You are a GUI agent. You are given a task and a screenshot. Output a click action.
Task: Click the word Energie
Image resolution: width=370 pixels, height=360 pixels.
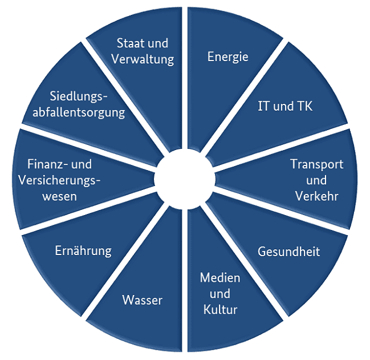tap(228, 57)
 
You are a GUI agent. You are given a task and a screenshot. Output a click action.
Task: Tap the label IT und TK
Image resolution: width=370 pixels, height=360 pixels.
tap(285, 106)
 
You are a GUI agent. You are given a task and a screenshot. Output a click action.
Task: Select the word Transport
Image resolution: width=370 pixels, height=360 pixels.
tap(316, 164)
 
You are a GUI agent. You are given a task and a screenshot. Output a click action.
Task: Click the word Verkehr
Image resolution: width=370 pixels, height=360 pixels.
tap(316, 196)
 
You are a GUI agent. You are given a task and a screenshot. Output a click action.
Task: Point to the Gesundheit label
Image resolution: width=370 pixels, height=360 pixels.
tap(288, 252)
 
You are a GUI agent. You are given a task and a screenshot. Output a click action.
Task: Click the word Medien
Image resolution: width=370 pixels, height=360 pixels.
tap(220, 278)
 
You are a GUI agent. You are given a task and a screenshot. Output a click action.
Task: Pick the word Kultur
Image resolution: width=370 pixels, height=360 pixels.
tap(220, 309)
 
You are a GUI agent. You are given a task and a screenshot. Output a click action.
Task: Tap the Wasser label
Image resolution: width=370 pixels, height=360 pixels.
tap(143, 300)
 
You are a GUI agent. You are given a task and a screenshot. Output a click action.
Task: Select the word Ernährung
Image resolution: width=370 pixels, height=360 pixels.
tap(83, 250)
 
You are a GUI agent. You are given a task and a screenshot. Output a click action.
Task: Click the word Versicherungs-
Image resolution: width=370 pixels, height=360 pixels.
tap(59, 181)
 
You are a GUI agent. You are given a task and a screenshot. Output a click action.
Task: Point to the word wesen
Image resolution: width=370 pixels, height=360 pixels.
tap(59, 197)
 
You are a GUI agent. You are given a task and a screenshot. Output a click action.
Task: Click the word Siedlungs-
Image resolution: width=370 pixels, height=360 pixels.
tap(78, 96)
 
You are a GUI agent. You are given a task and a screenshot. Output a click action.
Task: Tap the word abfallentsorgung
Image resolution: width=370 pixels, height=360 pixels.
tap(79, 112)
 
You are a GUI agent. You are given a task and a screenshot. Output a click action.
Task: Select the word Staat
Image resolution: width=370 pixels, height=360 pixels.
tap(129, 43)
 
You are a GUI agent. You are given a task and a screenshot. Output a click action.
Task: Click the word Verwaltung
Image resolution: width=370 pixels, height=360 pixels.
tap(143, 59)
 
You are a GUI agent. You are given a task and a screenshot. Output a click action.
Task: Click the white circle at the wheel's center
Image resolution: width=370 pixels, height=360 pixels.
tap(185, 179)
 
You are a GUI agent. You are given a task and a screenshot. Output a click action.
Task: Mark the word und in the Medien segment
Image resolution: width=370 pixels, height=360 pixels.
tap(220, 294)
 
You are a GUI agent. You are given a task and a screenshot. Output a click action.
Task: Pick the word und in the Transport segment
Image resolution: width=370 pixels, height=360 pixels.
tap(316, 180)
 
